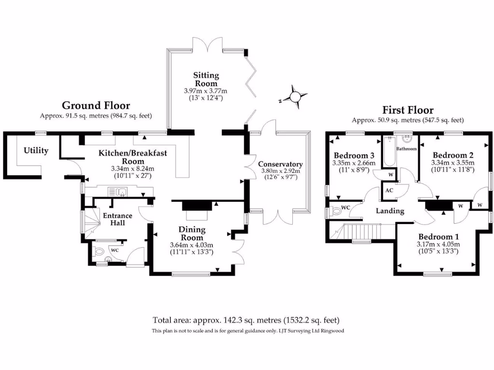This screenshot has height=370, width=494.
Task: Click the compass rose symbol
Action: [294, 97]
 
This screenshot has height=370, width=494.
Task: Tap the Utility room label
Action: [36, 151]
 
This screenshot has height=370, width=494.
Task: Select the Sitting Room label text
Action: [206, 79]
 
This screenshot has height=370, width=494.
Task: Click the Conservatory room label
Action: [280, 164]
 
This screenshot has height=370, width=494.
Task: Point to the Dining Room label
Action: [192, 234]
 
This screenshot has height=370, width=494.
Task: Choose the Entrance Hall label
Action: [118, 219]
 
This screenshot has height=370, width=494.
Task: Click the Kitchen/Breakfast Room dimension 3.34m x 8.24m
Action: [133, 169]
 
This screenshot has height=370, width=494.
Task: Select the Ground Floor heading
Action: [96, 106]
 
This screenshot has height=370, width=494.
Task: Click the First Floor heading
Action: [408, 110]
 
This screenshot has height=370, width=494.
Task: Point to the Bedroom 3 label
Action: [354, 156]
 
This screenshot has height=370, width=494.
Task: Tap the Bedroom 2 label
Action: [453, 155]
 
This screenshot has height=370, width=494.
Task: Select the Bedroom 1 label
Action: [438, 237]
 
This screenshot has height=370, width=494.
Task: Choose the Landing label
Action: [390, 211]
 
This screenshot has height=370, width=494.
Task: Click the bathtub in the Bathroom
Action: [388, 152]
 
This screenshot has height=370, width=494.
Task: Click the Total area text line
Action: [247, 320]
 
